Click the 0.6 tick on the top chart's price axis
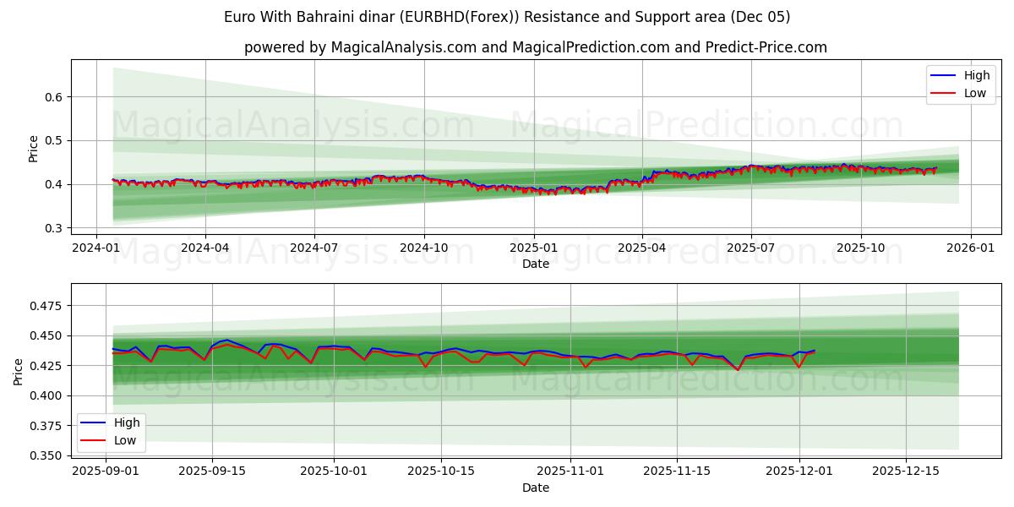(x=54, y=97)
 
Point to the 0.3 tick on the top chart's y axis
(x=54, y=228)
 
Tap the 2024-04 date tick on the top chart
(x=205, y=248)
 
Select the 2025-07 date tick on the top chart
(x=751, y=248)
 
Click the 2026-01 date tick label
(x=970, y=248)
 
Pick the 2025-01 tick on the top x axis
(x=533, y=248)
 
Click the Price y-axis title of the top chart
(x=34, y=148)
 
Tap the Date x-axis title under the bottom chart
(x=536, y=488)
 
